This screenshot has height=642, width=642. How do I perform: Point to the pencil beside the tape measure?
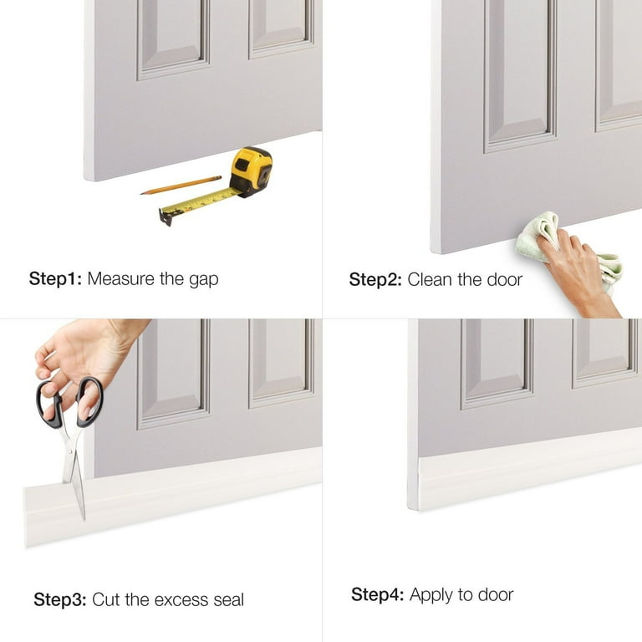pyautogui.click(x=181, y=185)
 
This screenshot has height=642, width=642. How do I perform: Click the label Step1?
pyautogui.click(x=55, y=279)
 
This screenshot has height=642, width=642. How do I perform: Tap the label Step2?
pyautogui.click(x=375, y=280)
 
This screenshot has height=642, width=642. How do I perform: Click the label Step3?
pyautogui.click(x=60, y=599)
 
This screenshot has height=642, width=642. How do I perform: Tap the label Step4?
pyautogui.click(x=378, y=594)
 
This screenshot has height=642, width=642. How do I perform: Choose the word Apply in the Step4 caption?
pyautogui.click(x=432, y=595)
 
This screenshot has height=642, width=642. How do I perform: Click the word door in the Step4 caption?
pyautogui.click(x=496, y=594)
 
